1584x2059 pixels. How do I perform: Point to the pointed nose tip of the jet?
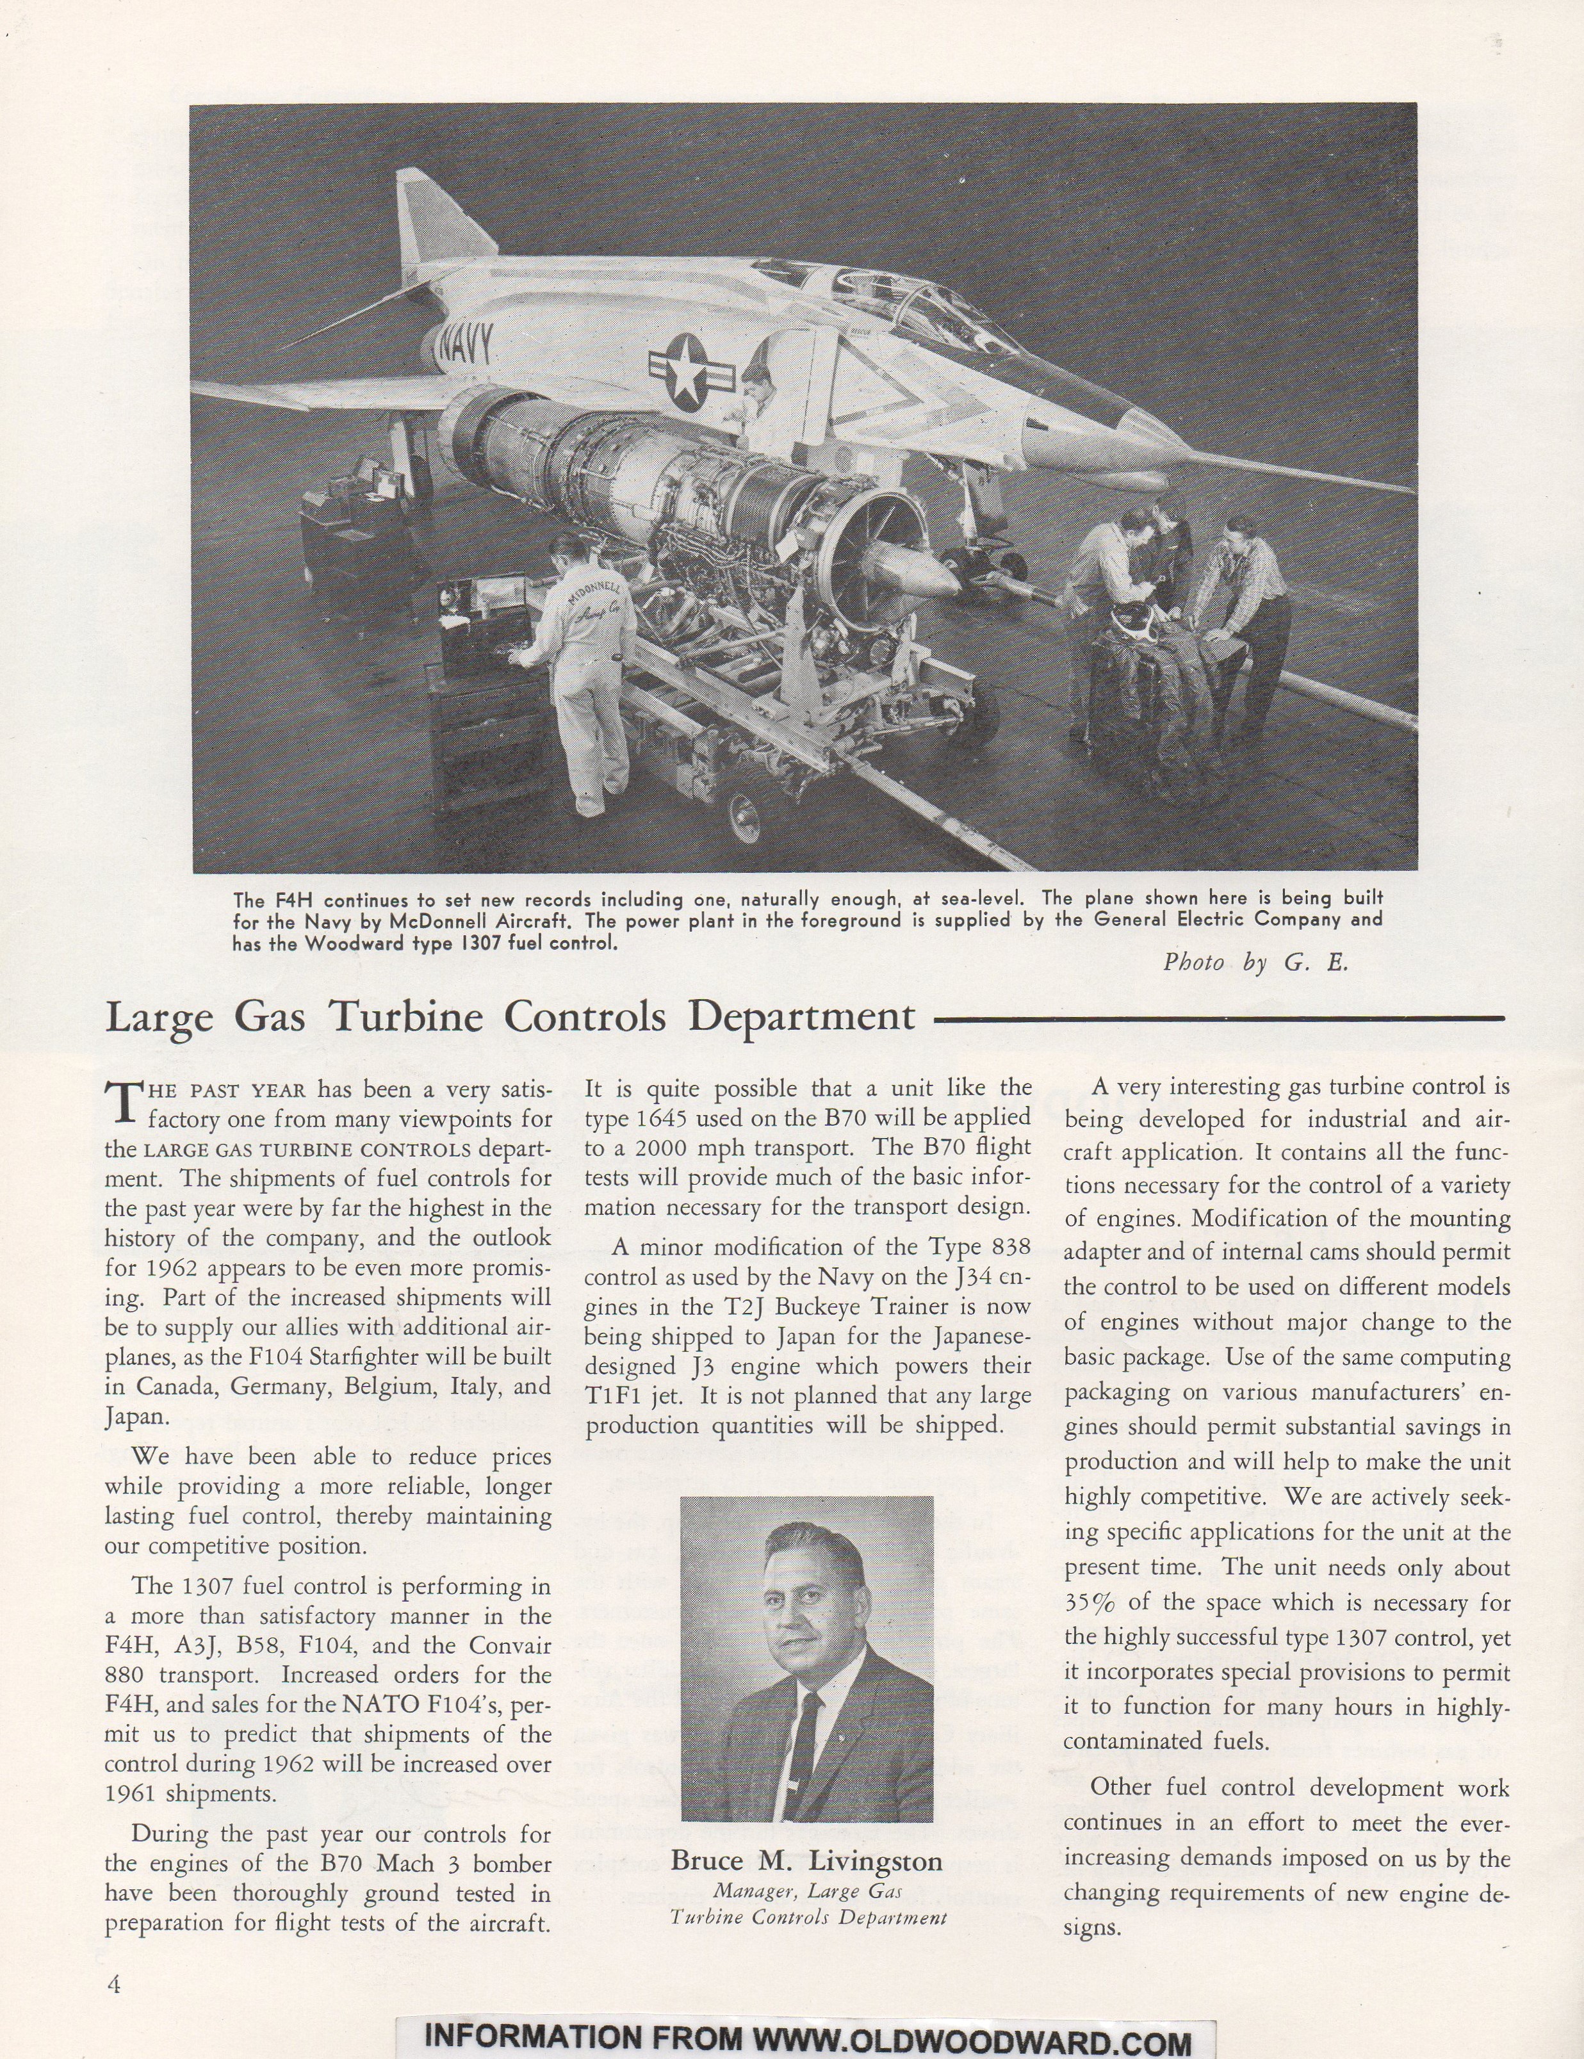pos(1396,485)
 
